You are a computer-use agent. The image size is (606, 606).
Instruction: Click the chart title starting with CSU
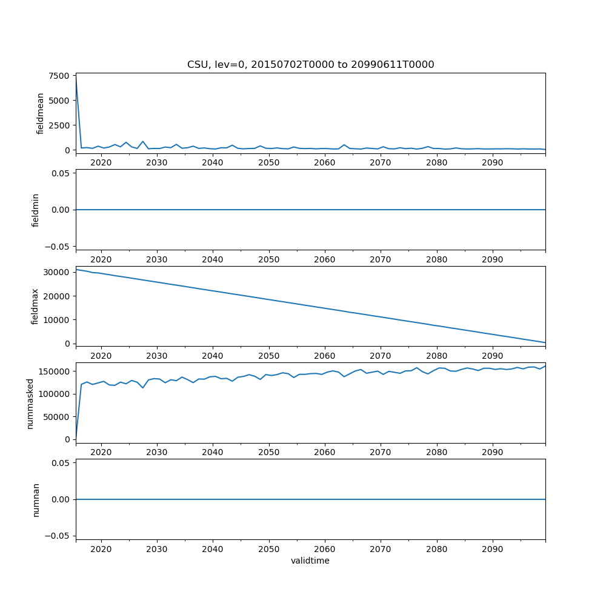[x=310, y=65]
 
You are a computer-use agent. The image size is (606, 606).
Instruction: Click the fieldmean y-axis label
[x=41, y=113]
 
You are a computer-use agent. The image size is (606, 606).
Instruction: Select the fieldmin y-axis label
[x=36, y=210]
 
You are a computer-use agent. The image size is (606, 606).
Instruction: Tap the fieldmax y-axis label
[x=36, y=306]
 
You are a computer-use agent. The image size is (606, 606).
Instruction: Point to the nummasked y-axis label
[x=30, y=403]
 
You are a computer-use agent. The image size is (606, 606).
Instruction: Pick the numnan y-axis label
[x=36, y=499]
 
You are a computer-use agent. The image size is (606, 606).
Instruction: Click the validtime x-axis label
[x=310, y=561]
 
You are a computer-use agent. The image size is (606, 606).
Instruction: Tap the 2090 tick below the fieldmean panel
[x=492, y=163]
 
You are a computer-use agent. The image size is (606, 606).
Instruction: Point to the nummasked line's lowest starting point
[x=76, y=439]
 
